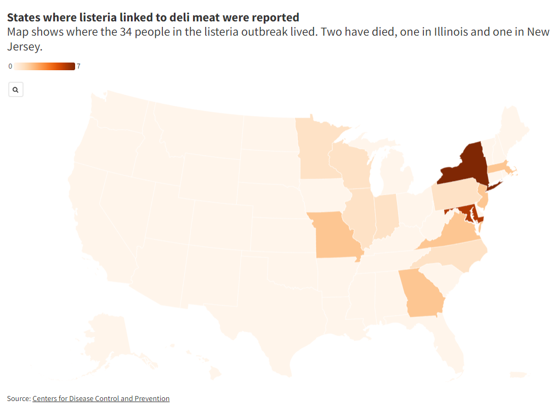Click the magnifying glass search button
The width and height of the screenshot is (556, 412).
pos(16,89)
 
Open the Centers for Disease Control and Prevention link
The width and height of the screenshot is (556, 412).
pos(101,398)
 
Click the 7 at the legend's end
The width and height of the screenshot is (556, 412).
pos(78,66)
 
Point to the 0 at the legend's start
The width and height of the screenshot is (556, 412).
pos(10,66)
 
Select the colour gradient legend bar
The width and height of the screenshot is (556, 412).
pos(44,66)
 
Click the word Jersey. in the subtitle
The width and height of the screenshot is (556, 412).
pos(25,47)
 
